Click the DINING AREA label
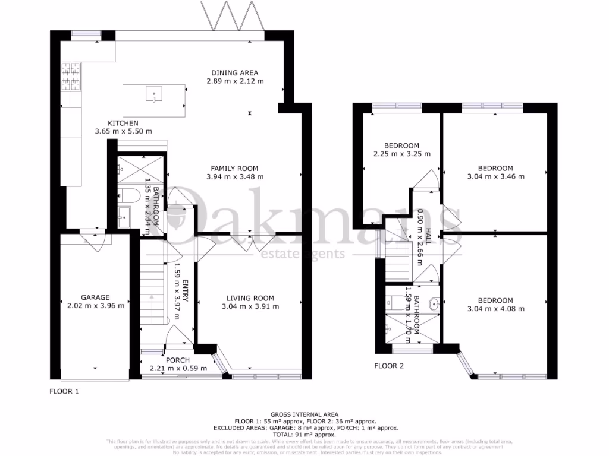click(235, 73)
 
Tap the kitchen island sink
click(155, 94)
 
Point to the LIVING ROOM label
click(250, 298)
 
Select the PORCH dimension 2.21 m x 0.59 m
click(177, 368)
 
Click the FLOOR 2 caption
click(389, 366)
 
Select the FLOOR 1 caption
click(63, 391)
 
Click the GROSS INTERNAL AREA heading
click(304, 414)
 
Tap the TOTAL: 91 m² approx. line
click(304, 434)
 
